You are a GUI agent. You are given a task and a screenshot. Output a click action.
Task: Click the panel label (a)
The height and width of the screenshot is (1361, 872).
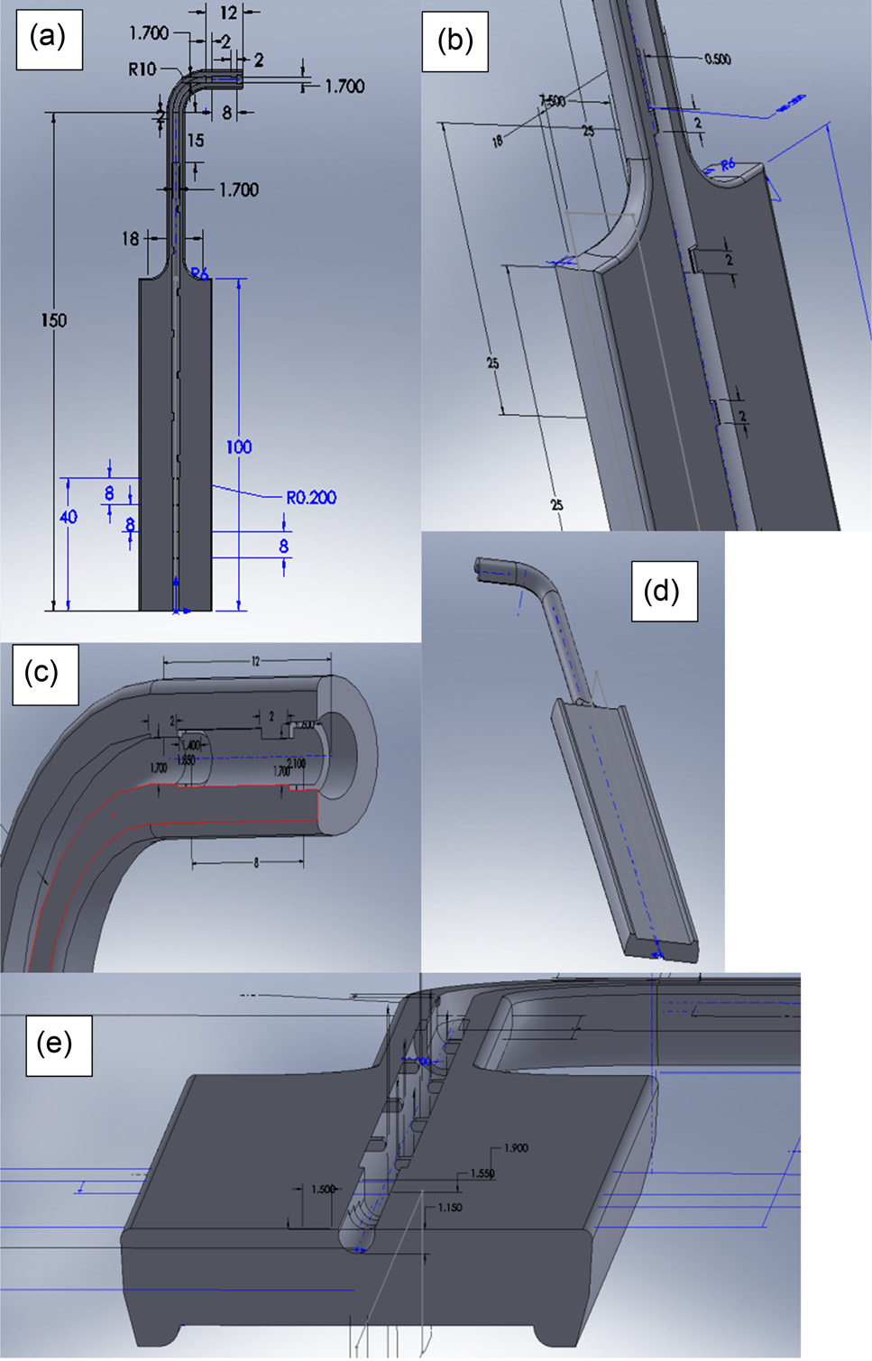click(49, 38)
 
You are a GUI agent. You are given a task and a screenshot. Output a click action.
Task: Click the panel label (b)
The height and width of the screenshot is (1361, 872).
click(454, 40)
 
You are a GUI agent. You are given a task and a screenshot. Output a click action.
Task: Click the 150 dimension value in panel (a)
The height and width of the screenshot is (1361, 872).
click(54, 320)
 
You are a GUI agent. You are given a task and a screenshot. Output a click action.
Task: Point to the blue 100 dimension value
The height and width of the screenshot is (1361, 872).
click(239, 447)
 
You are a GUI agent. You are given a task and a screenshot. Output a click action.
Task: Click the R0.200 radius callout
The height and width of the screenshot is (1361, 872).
click(311, 498)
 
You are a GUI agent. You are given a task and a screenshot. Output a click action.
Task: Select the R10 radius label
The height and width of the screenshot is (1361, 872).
click(142, 69)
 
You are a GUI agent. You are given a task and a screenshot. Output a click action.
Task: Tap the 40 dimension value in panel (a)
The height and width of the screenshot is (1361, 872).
click(69, 517)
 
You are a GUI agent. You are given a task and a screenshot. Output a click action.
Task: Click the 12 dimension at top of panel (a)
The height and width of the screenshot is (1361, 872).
click(228, 13)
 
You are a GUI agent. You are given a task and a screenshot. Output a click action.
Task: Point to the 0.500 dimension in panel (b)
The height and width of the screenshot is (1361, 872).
click(718, 60)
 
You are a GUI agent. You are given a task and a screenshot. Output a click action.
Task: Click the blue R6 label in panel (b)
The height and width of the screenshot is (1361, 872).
click(728, 165)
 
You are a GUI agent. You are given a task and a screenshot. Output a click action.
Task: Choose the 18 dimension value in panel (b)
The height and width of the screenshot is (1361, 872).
click(497, 141)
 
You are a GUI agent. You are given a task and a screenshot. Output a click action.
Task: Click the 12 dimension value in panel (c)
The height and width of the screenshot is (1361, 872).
click(255, 662)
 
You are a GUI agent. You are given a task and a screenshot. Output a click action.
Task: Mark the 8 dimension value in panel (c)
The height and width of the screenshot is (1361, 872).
click(256, 863)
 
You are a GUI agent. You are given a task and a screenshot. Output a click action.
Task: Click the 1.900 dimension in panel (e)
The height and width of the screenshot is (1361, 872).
click(516, 1148)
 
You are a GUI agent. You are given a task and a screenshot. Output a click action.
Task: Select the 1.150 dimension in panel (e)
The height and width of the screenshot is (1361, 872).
click(450, 1208)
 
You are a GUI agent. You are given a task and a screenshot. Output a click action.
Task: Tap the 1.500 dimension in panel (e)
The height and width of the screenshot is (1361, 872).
click(323, 1190)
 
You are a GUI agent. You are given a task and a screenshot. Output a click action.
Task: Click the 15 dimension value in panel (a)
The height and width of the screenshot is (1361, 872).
click(196, 141)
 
